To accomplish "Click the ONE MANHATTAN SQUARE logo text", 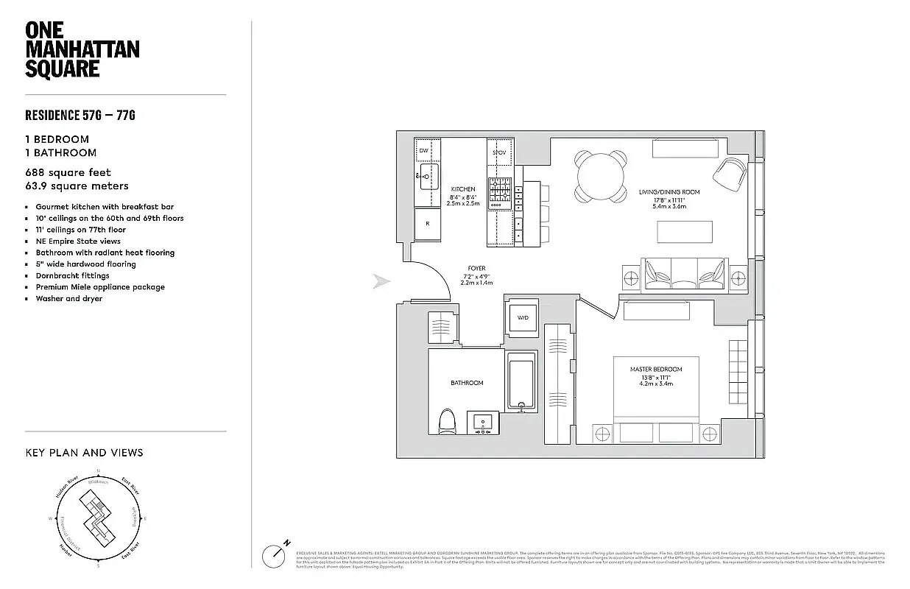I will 82,49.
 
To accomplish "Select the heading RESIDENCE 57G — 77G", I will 80,116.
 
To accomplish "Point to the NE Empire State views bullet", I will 78,241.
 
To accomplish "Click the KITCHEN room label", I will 463,189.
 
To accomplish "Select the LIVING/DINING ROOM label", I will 669,192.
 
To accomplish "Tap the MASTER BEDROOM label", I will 655,369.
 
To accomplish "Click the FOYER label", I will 476,268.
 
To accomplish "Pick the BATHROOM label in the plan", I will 467,383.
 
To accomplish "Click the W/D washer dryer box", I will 523,318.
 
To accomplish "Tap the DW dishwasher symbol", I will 423,151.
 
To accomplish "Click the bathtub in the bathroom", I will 522,381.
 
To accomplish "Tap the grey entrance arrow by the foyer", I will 381,282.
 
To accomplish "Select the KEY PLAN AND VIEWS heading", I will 84,453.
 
